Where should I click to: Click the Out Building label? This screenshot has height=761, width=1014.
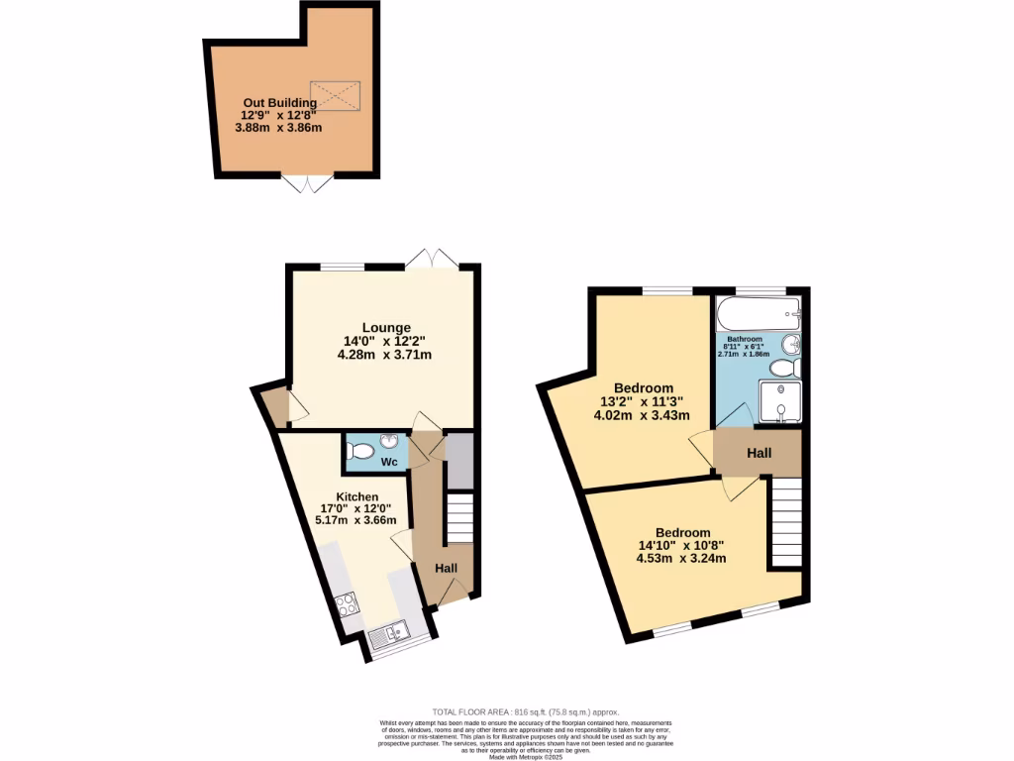click(x=282, y=102)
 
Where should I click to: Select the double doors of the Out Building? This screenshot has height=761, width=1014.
click(x=307, y=183)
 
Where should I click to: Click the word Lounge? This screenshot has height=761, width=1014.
click(x=385, y=328)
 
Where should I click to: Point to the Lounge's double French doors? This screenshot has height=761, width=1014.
click(x=431, y=259)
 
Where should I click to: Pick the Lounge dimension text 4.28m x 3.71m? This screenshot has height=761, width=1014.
click(x=385, y=354)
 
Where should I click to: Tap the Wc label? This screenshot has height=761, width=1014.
click(x=389, y=462)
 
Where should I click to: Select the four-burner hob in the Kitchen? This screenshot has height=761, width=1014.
click(x=348, y=602)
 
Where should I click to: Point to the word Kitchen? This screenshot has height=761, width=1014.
click(x=356, y=496)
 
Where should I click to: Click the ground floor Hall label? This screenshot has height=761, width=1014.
click(x=447, y=568)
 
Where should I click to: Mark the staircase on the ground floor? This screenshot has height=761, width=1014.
click(x=459, y=519)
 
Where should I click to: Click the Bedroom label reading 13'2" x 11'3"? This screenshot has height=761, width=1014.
click(x=644, y=401)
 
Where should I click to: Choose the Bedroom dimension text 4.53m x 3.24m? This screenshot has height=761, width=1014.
click(x=681, y=558)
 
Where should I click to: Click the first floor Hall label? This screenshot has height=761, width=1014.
click(x=760, y=453)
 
